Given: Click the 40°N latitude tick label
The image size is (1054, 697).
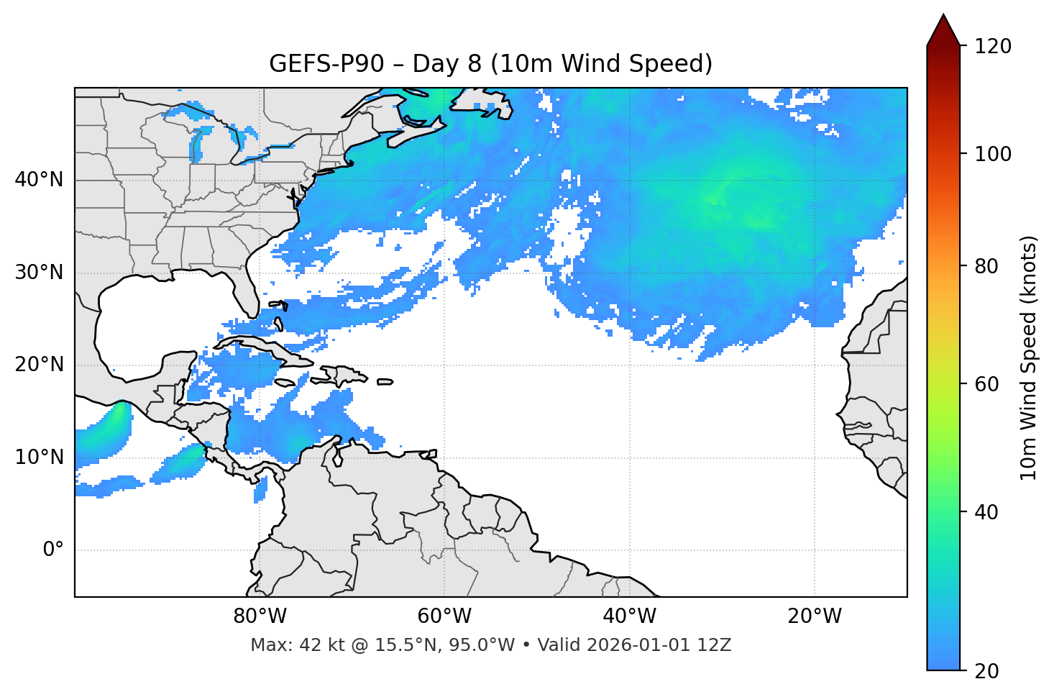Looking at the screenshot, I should [39, 180].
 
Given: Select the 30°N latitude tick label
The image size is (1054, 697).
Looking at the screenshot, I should [39, 273].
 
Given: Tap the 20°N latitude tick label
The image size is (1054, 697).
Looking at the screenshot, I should [39, 365].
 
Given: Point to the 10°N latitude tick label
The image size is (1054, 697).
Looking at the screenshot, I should [39, 457].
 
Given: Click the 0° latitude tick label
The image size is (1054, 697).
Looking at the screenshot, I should [53, 550].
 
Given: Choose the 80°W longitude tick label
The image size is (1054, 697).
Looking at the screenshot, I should [260, 616].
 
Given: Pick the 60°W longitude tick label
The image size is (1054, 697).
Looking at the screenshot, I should [444, 616].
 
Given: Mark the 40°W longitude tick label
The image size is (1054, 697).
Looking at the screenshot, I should [630, 616].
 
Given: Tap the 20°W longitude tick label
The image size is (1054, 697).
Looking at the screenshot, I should [815, 616].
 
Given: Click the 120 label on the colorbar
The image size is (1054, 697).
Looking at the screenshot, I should [993, 47].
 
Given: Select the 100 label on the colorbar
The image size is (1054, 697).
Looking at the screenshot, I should [993, 154].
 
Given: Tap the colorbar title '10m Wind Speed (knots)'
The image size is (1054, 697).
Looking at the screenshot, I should [1029, 357].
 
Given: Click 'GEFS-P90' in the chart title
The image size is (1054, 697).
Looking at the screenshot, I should [313, 64].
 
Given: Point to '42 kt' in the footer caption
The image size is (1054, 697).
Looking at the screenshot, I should [319, 645].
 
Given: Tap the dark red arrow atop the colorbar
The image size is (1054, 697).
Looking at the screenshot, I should [943, 31].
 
